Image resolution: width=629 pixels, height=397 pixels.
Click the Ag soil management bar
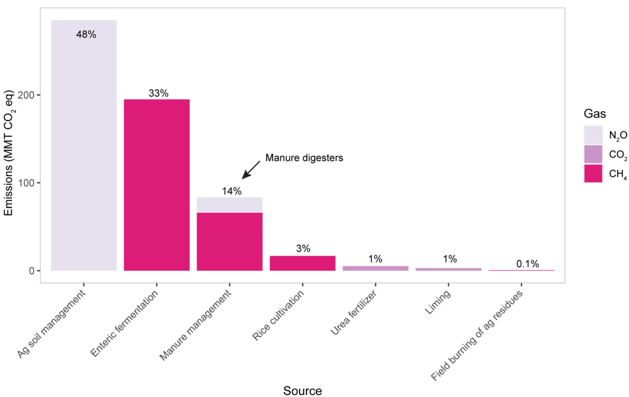[x=84, y=151]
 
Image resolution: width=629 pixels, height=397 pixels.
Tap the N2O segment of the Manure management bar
[x=229, y=205]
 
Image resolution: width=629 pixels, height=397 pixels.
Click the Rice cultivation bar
[x=302, y=263]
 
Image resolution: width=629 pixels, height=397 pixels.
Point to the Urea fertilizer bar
[x=376, y=268]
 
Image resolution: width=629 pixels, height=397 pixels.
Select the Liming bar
[x=448, y=269]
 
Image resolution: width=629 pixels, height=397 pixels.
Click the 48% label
[x=86, y=35]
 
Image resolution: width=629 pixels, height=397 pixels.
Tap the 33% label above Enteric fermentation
[x=158, y=93]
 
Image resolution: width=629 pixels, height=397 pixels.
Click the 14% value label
[x=231, y=191]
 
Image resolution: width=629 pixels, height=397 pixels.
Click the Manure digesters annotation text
[x=303, y=158]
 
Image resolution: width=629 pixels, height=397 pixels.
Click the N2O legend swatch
[x=593, y=134]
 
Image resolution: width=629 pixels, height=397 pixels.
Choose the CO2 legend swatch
[x=593, y=154]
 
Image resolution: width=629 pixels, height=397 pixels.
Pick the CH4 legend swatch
[x=593, y=174]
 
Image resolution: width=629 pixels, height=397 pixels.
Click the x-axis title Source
[x=302, y=391]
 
